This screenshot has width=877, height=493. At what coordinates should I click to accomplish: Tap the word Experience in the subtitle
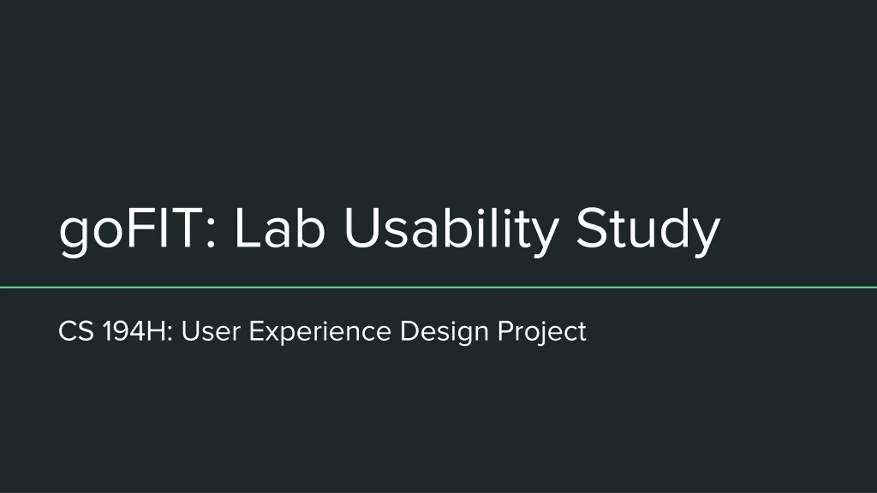[320, 333]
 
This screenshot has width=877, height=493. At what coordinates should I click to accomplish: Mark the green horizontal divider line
[438, 288]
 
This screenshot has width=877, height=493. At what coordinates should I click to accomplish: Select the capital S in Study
[590, 228]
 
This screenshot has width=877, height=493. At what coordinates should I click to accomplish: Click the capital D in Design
[409, 331]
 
